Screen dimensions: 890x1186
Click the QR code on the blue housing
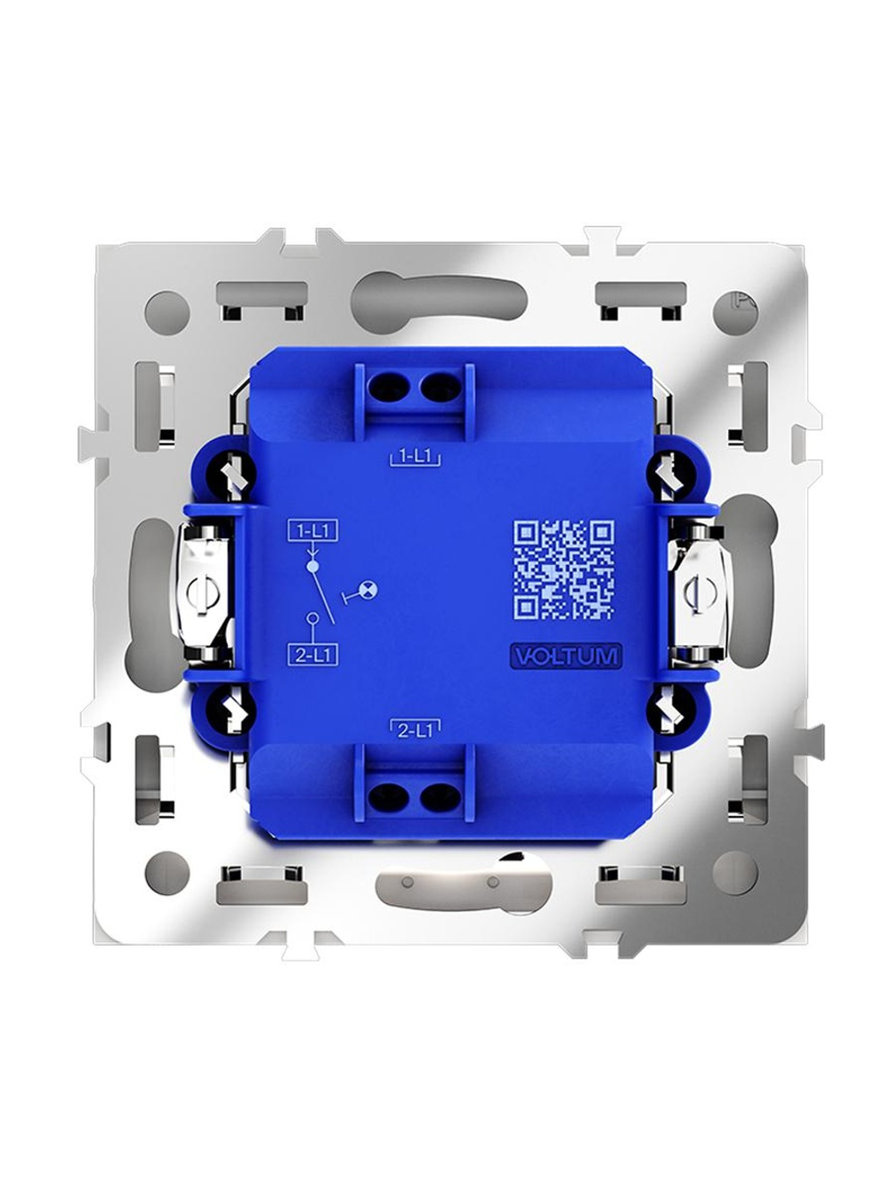[563, 569]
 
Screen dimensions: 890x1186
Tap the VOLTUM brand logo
[564, 656]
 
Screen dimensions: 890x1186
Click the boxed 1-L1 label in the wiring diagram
[313, 531]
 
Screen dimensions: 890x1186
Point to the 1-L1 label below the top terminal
[415, 457]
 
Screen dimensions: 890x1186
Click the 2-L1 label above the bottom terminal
[415, 730]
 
